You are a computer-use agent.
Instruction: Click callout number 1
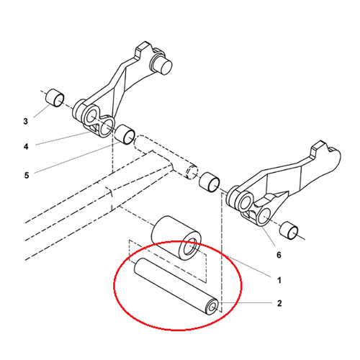pyautogui.click(x=279, y=280)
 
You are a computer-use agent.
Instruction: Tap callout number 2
pyautogui.click(x=279, y=303)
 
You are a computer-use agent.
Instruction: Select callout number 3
pyautogui.click(x=26, y=121)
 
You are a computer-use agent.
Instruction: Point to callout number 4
pyautogui.click(x=26, y=146)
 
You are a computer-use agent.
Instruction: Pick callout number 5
pyautogui.click(x=27, y=175)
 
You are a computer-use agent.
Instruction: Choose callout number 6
pyautogui.click(x=279, y=255)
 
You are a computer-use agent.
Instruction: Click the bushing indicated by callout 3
pyautogui.click(x=55, y=98)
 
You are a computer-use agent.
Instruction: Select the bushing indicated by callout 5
pyautogui.click(x=125, y=135)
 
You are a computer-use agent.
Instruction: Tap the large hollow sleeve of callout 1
pyautogui.click(x=176, y=237)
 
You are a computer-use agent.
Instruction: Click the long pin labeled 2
pyautogui.click(x=176, y=286)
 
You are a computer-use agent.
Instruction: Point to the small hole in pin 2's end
pyautogui.click(x=212, y=307)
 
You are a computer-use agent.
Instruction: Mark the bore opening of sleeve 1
pyautogui.click(x=191, y=249)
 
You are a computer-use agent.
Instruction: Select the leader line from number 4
pyautogui.click(x=63, y=138)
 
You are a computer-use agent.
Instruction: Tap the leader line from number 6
pyautogui.click(x=269, y=235)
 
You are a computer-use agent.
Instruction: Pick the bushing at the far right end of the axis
pyautogui.click(x=289, y=231)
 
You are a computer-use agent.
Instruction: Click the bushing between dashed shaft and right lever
pyautogui.click(x=210, y=182)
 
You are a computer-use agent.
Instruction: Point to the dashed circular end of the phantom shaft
pyautogui.click(x=192, y=172)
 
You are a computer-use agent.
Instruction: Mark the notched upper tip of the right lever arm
pyautogui.click(x=319, y=145)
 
